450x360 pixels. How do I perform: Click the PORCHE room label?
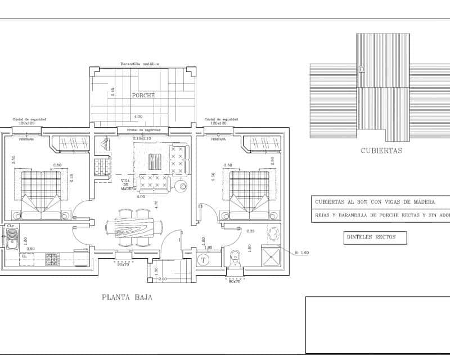(143, 95)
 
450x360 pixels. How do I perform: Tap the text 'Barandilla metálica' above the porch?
(139, 64)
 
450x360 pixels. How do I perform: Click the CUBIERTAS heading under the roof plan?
(381, 150)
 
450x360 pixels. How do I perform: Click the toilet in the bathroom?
(236, 257)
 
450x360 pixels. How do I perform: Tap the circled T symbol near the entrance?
(204, 259)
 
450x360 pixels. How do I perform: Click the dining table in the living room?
(134, 227)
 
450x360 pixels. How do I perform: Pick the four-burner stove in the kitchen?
(52, 259)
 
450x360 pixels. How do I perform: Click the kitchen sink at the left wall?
(11, 237)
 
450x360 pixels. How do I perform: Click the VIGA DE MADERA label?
(128, 185)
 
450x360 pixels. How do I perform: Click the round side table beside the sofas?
(182, 186)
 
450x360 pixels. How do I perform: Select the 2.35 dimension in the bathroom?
(251, 231)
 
